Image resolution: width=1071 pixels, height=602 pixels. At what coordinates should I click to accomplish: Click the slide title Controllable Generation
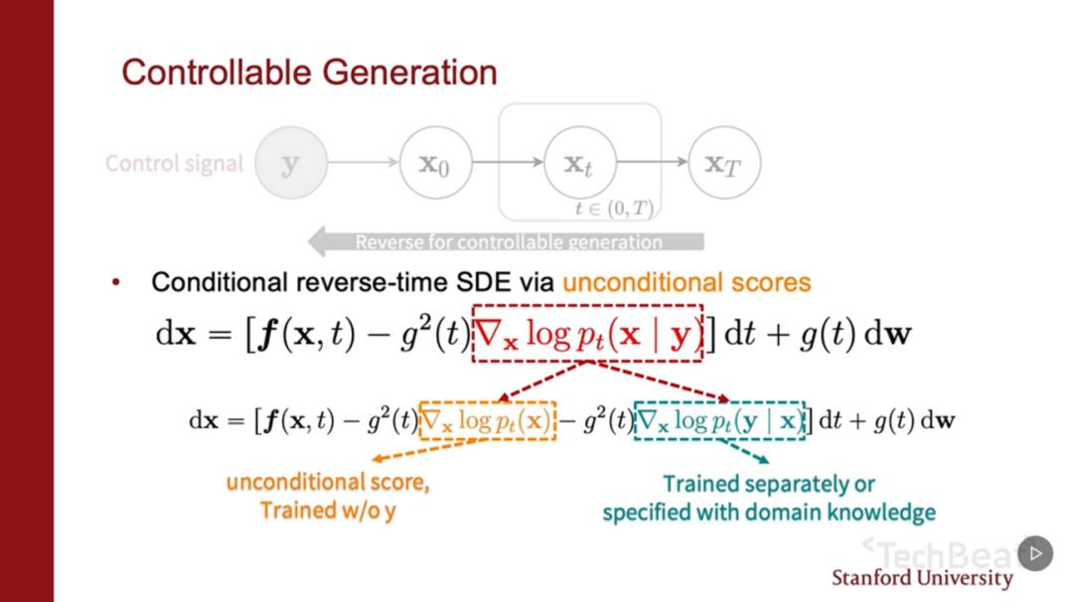[x=309, y=73]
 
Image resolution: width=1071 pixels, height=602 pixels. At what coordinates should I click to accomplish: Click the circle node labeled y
[x=291, y=163]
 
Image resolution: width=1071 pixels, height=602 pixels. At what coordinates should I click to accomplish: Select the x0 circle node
[x=435, y=163]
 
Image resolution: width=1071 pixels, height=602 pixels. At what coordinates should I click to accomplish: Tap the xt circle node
[x=579, y=163]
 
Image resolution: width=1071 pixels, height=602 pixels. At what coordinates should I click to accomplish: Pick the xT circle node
[x=724, y=163]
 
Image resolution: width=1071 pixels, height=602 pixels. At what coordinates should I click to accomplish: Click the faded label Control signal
[x=174, y=164]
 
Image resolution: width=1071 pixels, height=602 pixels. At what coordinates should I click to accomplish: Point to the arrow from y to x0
[x=363, y=163]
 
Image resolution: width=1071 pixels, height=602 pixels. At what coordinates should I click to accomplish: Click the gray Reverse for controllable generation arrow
[x=507, y=241]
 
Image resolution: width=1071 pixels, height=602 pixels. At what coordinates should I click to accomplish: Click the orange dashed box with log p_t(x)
[x=488, y=420]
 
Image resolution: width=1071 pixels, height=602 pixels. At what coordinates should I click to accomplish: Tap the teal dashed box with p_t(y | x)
[x=719, y=420]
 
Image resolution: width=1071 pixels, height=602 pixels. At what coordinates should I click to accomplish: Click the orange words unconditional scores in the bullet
[x=687, y=283]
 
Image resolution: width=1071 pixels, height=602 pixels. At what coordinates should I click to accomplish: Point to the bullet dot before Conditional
[x=116, y=283]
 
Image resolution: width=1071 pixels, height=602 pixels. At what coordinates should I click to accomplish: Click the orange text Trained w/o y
[x=328, y=511]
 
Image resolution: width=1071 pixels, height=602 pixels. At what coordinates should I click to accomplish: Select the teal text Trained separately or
[x=768, y=485]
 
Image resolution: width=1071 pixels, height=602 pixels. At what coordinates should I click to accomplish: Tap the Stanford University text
[x=921, y=578]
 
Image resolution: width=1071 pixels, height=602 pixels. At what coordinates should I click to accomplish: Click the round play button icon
[x=1034, y=553]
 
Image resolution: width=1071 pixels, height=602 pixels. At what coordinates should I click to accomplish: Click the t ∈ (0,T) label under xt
[x=615, y=210]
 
